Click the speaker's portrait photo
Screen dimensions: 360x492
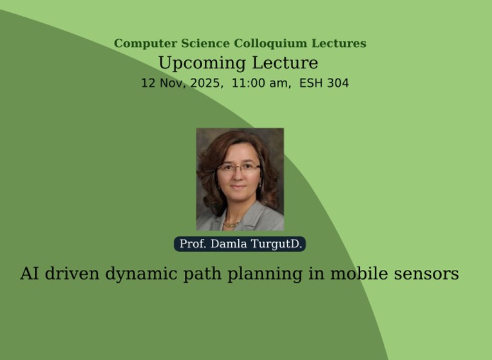240,179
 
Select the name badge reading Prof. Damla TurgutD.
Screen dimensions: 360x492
240,244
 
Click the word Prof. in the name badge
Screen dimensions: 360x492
193,244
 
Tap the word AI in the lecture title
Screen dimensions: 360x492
30,274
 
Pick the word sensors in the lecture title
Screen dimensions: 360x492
426,274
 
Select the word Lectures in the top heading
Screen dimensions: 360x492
338,44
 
